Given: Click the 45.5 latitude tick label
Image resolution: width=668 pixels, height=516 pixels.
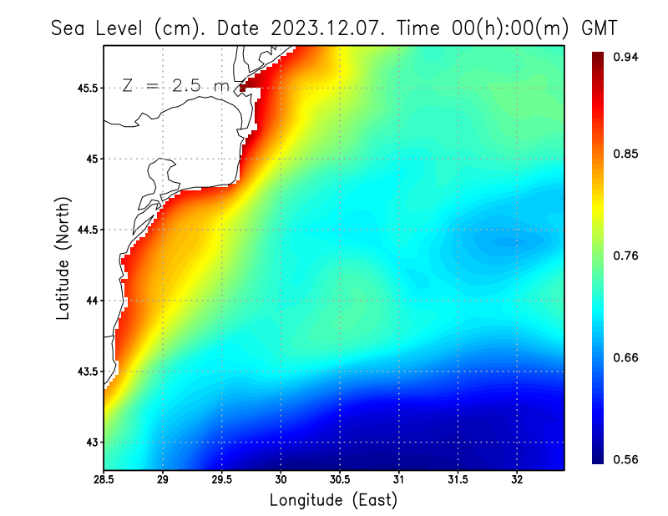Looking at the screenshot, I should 87,88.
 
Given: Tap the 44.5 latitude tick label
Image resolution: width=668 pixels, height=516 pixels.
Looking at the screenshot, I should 87,230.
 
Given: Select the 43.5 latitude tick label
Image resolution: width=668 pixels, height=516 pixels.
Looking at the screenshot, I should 87,372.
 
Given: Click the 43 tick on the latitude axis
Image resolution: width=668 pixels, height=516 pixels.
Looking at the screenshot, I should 92,443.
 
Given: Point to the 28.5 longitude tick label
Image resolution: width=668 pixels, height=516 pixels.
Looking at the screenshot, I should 104,480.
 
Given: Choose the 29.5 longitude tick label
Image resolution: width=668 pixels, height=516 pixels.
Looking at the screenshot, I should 222,480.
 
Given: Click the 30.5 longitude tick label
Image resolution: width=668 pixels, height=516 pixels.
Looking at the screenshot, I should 340,480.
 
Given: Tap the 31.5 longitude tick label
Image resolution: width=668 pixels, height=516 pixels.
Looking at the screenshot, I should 458,480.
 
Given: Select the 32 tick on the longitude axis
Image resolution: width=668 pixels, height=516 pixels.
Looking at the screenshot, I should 517,480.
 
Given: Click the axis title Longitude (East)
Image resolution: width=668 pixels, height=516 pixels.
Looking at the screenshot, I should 333,500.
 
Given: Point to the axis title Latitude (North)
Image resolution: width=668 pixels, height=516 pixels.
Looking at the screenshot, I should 63,258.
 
